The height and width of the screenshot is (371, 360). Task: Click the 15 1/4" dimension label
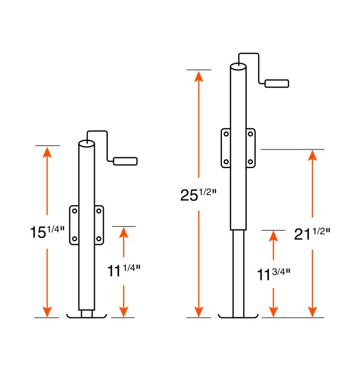(47, 231)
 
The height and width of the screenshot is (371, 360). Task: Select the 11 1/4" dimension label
(123, 271)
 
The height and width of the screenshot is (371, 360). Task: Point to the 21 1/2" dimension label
(312, 233)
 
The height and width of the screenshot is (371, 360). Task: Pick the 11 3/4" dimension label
(274, 274)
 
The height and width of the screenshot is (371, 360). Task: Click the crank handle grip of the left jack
(125, 161)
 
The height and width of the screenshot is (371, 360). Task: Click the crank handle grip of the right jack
(277, 83)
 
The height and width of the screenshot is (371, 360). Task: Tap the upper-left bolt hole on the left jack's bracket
(75, 211)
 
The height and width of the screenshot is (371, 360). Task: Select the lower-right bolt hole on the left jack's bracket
(98, 238)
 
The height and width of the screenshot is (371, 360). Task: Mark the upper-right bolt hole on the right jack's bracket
(250, 134)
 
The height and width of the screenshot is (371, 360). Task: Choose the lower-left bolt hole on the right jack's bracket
(226, 161)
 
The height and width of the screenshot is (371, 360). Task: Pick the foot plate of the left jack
(87, 317)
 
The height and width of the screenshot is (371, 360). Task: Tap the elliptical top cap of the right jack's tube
(238, 67)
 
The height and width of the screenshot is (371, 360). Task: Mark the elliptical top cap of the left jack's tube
(86, 143)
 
